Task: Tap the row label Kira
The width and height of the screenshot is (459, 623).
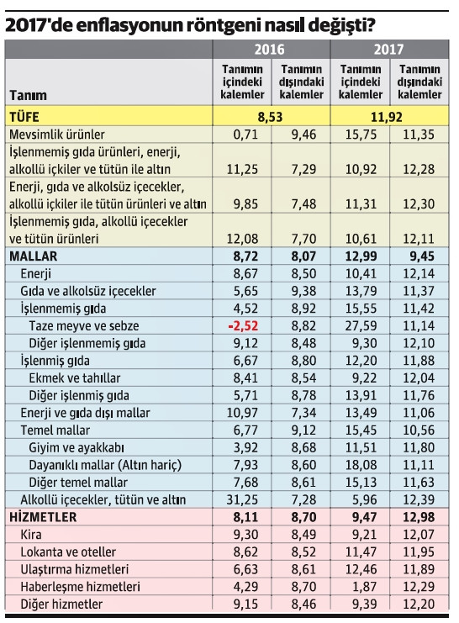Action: click(x=31, y=535)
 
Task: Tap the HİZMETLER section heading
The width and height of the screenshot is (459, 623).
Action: click(x=44, y=516)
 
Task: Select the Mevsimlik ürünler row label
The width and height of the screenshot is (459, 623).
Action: click(x=58, y=134)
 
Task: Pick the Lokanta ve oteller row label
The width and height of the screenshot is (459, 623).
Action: click(x=65, y=552)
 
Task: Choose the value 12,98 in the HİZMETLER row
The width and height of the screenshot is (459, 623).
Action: click(x=418, y=516)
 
